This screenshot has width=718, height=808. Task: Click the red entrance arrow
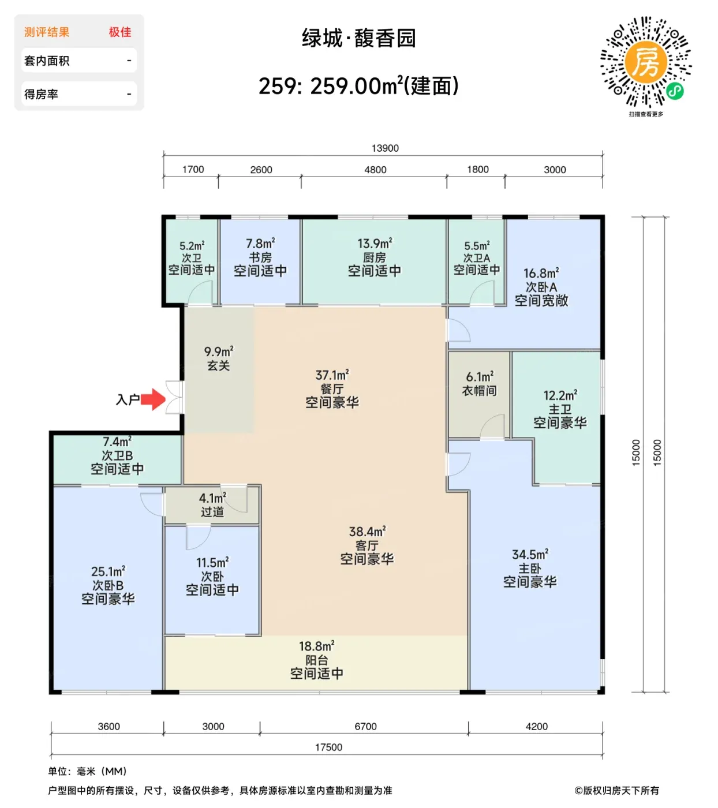[x=153, y=399]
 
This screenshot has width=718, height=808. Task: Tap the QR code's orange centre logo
[x=645, y=62]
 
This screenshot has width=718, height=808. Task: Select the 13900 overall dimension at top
[x=385, y=148]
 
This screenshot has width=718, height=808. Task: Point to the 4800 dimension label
[x=375, y=170]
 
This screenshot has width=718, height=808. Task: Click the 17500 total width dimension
[x=328, y=747]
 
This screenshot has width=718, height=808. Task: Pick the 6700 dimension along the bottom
[x=365, y=726]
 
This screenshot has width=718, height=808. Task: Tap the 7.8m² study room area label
[x=260, y=244]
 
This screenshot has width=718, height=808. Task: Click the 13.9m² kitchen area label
[x=375, y=244]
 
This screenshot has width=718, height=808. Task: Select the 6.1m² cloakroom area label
[x=480, y=376]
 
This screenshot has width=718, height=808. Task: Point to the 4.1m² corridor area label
[x=212, y=497]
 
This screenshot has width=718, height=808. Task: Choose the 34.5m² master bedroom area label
[x=530, y=555]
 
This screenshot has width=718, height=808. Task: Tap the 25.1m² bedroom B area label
[x=108, y=571]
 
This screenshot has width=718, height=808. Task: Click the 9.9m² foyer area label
[x=219, y=351]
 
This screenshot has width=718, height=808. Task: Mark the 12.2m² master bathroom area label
[x=560, y=395]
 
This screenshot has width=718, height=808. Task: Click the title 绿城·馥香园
[x=358, y=38]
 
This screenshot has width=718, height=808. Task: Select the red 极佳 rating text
[x=120, y=32]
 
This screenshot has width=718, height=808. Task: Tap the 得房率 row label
[x=41, y=94]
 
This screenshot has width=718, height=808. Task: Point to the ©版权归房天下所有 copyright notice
[x=616, y=790]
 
